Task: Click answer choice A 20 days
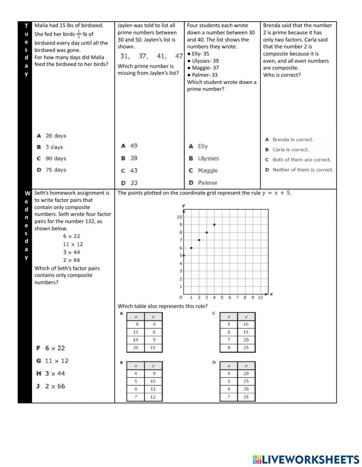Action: (51, 136)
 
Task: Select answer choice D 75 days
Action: (51, 170)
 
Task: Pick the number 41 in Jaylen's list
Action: (161, 56)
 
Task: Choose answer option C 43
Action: (129, 170)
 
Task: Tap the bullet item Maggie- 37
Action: (205, 68)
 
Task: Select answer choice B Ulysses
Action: (204, 158)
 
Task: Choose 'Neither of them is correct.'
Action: (299, 170)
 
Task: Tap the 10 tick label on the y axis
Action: (179, 217)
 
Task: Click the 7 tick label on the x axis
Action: (237, 298)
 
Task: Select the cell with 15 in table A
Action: (153, 348)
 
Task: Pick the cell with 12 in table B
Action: (153, 397)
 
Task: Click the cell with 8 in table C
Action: (229, 348)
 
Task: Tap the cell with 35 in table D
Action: (246, 397)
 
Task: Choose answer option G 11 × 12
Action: (52, 361)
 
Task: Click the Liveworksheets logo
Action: (306, 460)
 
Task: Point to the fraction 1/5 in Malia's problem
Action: (79, 34)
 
